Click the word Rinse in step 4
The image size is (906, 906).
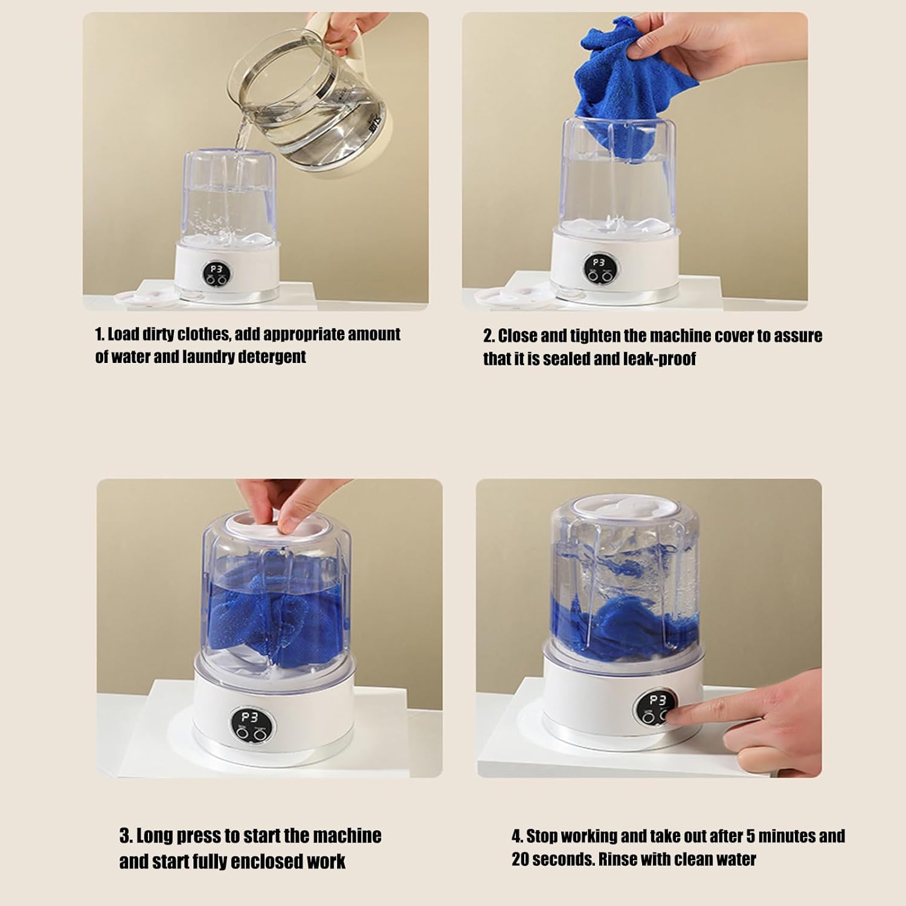point(618,859)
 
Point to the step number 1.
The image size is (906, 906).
point(100,335)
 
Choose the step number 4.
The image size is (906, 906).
point(517,837)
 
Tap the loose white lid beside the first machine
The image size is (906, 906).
point(141,296)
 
